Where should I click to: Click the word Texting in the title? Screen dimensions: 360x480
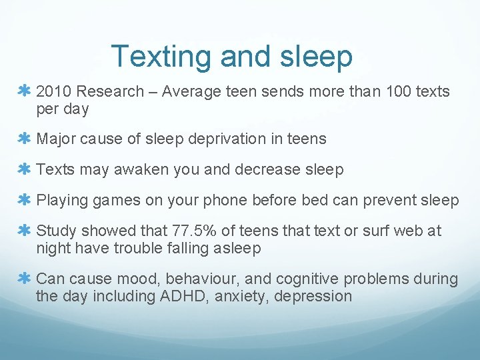pyautogui.click(x=162, y=57)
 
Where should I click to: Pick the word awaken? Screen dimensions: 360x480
pyautogui.click(x=141, y=169)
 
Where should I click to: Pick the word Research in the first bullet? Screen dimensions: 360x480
pyautogui.click(x=111, y=91)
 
